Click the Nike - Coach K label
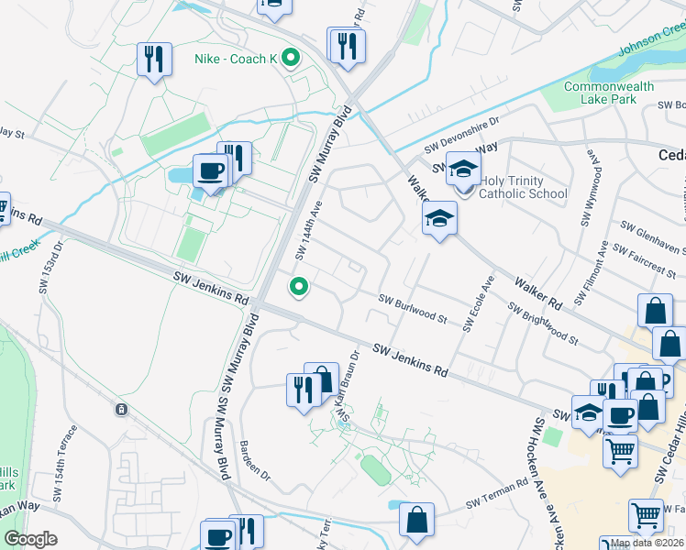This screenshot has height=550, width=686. click(x=236, y=60)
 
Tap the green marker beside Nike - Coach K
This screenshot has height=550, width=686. click(x=291, y=60)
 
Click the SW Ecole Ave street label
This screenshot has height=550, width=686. click(x=479, y=302)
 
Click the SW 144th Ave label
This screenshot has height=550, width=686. click(x=308, y=230)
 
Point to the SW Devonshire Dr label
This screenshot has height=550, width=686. click(x=461, y=135)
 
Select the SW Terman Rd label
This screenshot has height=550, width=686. click(x=497, y=491)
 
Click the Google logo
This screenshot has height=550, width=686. click(x=30, y=539)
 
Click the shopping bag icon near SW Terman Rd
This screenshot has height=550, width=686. click(x=416, y=519)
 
